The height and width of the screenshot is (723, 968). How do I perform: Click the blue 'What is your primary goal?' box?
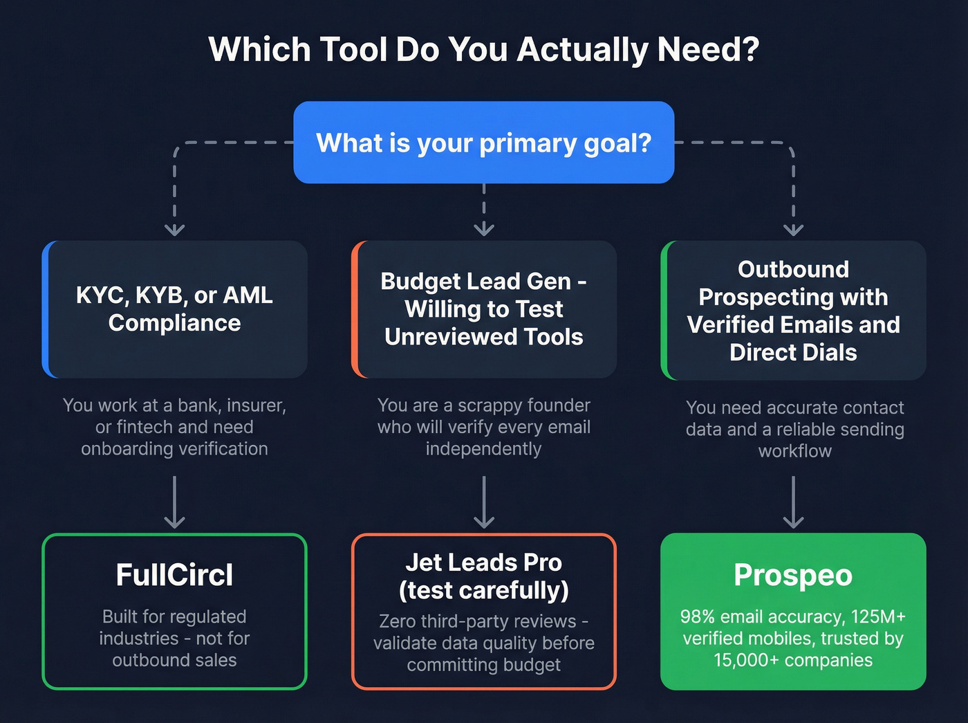pyautogui.click(x=483, y=143)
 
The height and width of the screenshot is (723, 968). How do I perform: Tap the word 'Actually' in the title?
pyautogui.click(x=583, y=50)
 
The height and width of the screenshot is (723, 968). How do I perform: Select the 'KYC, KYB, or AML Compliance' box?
pyautogui.click(x=175, y=309)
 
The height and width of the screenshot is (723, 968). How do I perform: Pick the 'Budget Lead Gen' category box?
pyautogui.click(x=484, y=309)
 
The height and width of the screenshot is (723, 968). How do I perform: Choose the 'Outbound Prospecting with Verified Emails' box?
pyautogui.click(x=793, y=311)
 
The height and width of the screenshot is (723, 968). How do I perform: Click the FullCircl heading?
pyautogui.click(x=174, y=575)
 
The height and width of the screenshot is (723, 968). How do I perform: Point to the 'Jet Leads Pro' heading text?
pyautogui.click(x=483, y=562)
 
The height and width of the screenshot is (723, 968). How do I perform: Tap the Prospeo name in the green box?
pyautogui.click(x=793, y=575)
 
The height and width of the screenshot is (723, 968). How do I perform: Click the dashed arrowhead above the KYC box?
pyautogui.click(x=174, y=229)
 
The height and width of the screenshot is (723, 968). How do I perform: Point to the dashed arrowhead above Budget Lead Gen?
pyautogui.click(x=484, y=229)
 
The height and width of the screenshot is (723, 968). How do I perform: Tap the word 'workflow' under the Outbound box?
pyautogui.click(x=794, y=451)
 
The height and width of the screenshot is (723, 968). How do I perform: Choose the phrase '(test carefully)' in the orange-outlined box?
pyautogui.click(x=483, y=591)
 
